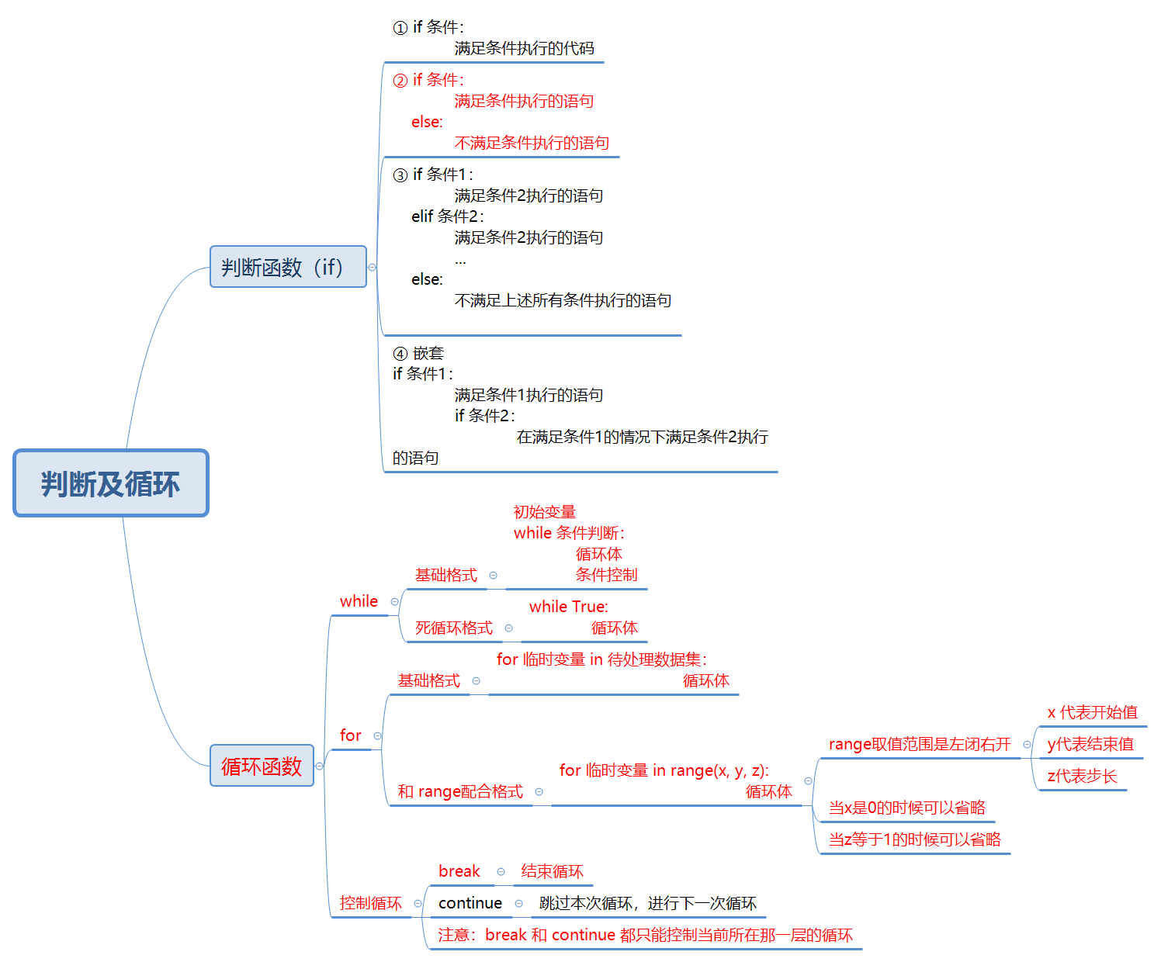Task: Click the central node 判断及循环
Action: [111, 483]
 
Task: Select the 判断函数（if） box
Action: [287, 267]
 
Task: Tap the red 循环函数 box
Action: [262, 766]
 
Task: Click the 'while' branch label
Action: [359, 601]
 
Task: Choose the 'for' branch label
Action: [350, 735]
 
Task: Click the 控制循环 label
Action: [370, 903]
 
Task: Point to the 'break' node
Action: [459, 871]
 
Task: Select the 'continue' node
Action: [470, 903]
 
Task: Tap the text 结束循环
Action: [552, 871]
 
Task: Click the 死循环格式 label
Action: [453, 628]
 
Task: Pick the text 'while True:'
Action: [568, 607]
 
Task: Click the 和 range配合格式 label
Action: [460, 791]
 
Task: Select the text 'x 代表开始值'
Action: [1092, 712]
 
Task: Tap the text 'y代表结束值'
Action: [1090, 744]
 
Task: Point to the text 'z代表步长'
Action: [1082, 776]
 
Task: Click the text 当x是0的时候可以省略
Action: [906, 808]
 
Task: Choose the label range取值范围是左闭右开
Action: [920, 744]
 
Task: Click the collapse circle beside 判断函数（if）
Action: [373, 267]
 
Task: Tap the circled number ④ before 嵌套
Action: [400, 354]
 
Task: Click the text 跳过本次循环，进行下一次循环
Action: [647, 903]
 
